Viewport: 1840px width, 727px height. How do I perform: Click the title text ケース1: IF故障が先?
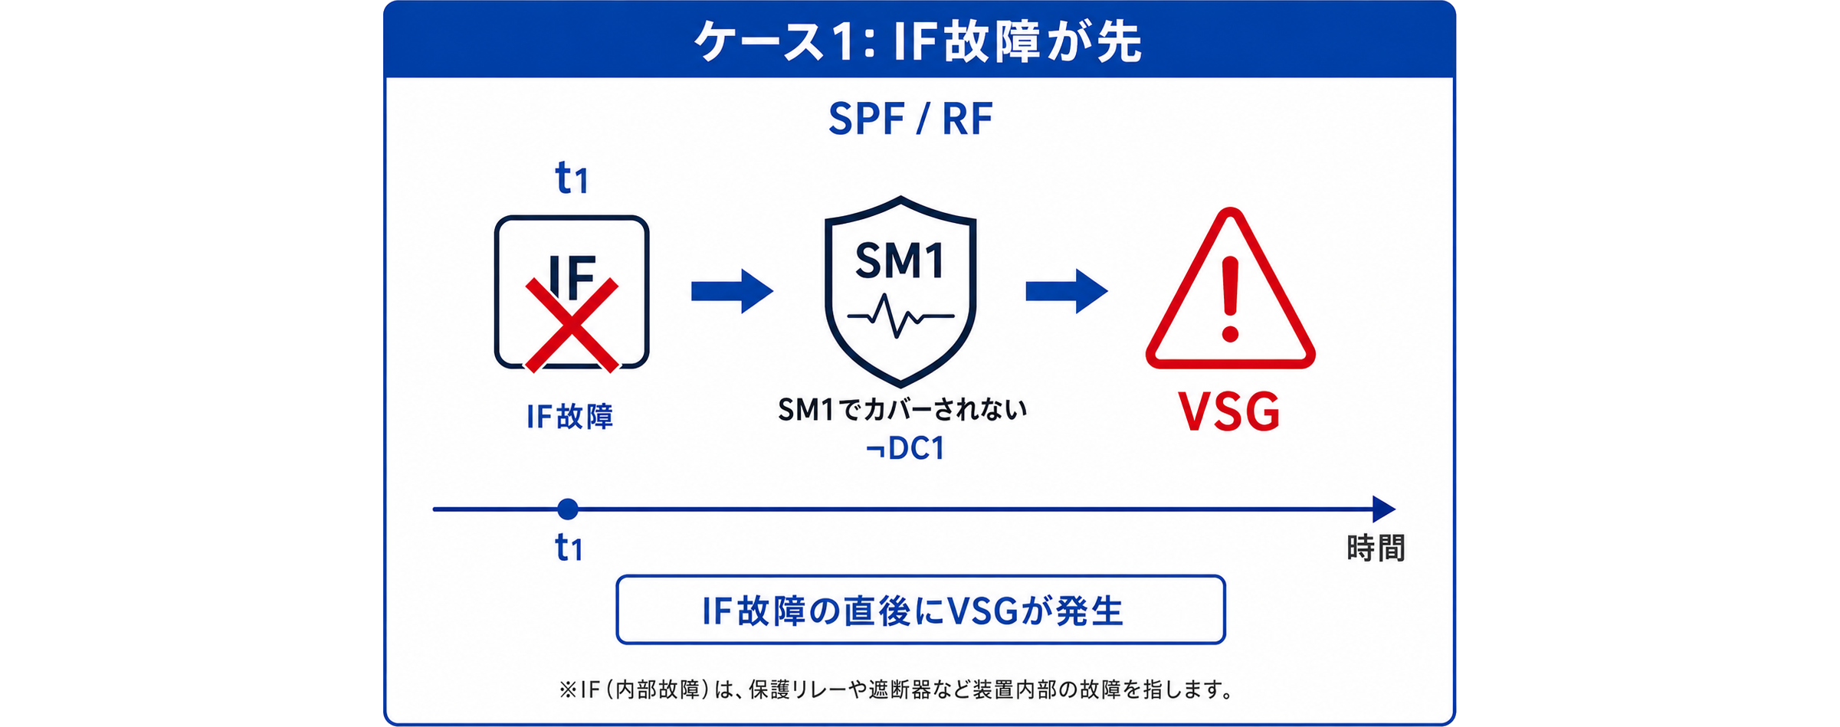tap(917, 41)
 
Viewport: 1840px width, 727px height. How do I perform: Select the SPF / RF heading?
tap(910, 120)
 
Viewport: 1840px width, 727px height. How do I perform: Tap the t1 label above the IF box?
tap(571, 178)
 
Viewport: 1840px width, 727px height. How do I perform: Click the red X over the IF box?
tap(572, 326)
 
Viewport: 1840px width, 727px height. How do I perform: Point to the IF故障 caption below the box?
tap(570, 416)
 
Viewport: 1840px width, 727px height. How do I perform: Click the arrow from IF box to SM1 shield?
tap(732, 291)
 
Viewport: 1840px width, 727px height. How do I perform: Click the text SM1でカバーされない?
tap(902, 410)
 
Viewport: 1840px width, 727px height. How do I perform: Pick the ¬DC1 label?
tap(904, 449)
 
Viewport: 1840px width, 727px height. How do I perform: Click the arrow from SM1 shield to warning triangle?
tap(1067, 291)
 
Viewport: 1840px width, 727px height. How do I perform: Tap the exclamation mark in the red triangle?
tap(1231, 299)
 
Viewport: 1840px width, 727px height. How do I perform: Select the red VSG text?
tap(1229, 412)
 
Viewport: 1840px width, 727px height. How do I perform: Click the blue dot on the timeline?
tap(568, 509)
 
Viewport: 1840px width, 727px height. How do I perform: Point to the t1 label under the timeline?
tap(569, 548)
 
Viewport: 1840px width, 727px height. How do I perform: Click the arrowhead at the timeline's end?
tap(1384, 509)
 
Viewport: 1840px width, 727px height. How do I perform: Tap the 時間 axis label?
tap(1376, 549)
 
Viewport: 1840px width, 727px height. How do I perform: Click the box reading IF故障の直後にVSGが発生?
tap(920, 610)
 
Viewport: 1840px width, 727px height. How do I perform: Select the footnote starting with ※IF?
tap(897, 690)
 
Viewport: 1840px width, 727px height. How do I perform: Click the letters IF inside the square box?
tap(572, 277)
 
